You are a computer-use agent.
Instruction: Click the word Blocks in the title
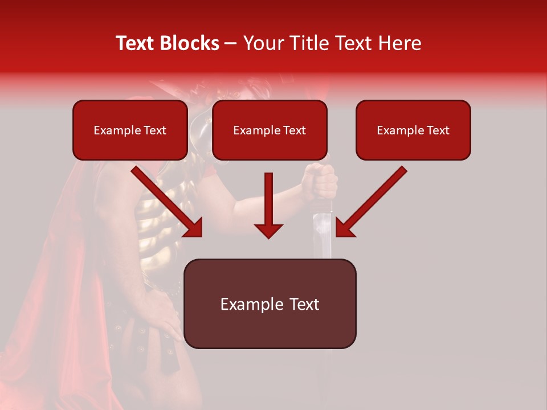click(190, 43)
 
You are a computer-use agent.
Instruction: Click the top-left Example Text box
click(130, 130)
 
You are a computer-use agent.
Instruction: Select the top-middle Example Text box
click(270, 130)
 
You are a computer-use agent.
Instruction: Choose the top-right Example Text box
click(413, 130)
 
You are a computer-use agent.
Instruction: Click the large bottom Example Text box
click(270, 304)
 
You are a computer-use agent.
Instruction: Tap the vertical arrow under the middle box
click(268, 205)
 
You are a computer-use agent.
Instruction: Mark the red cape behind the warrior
click(51, 285)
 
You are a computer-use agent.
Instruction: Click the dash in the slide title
click(231, 43)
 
